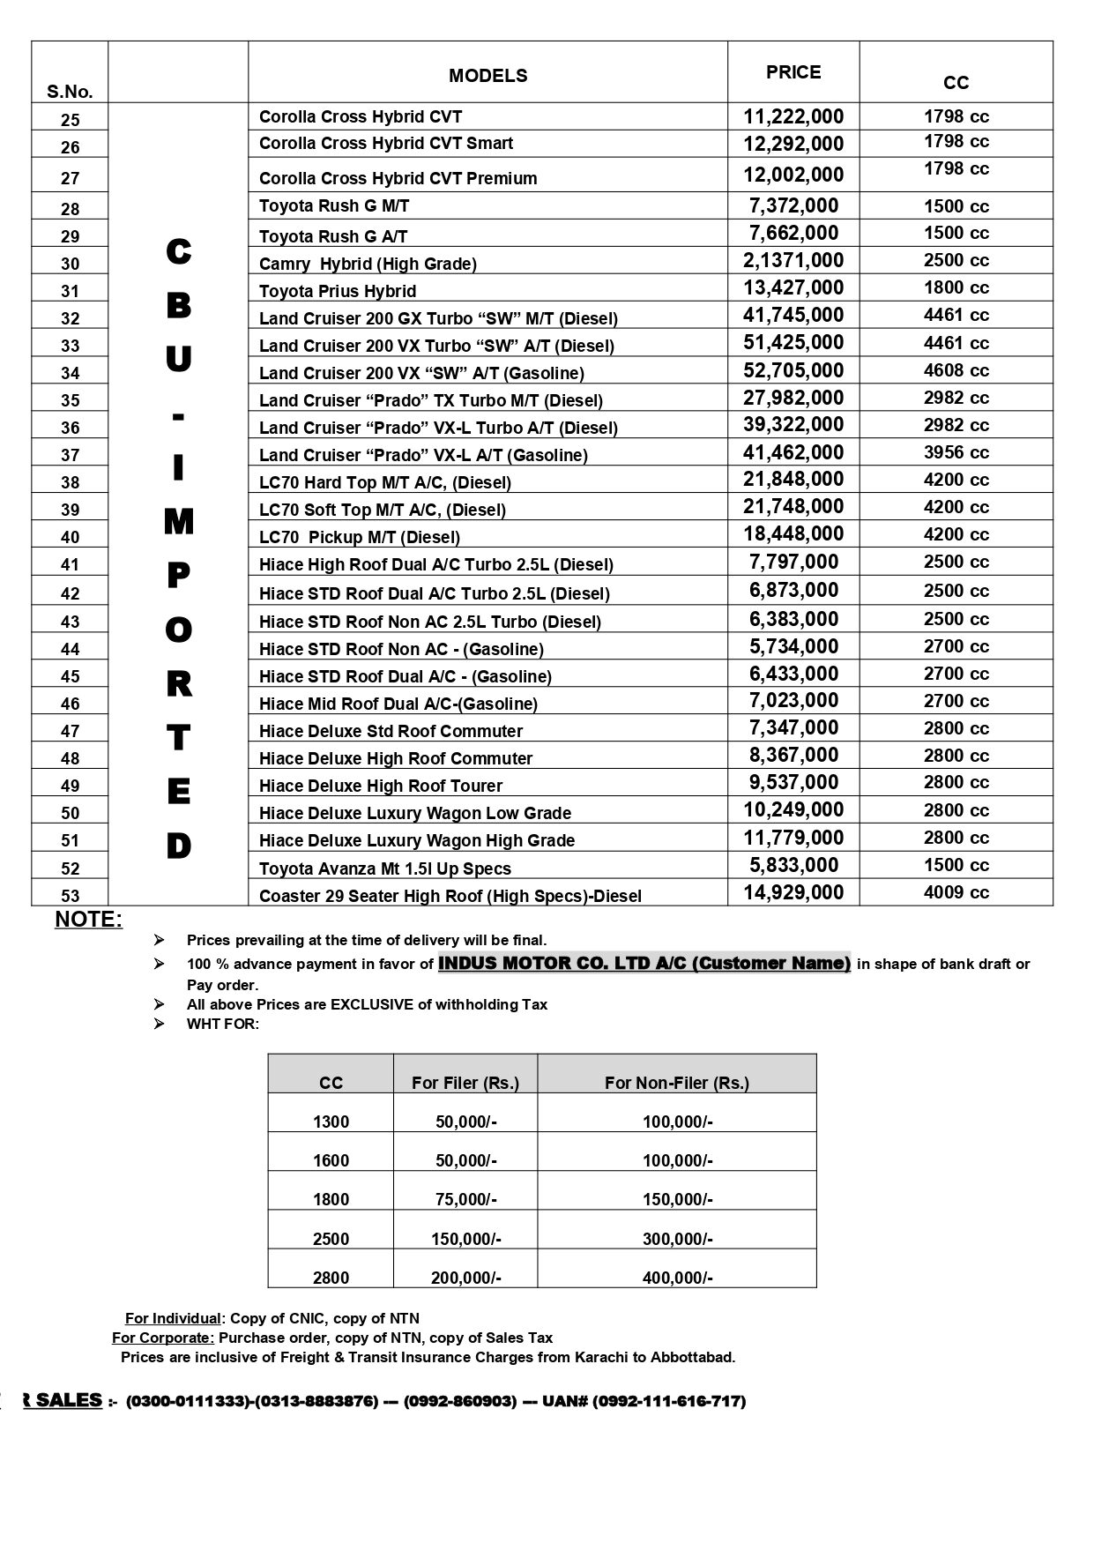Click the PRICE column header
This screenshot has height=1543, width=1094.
793,72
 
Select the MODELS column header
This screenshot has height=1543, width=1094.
487,76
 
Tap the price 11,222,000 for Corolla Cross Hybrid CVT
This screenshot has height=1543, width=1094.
793,116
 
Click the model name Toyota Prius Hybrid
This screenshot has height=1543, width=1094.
337,291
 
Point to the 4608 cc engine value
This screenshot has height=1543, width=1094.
956,370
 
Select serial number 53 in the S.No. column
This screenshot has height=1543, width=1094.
70,896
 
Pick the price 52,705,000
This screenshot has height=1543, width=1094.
793,370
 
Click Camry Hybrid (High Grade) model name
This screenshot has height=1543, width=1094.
367,264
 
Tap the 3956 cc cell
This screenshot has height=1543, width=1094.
956,452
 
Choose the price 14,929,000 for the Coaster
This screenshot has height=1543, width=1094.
793,892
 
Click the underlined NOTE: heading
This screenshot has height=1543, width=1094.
88,920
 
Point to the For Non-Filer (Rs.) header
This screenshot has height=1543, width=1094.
676,1083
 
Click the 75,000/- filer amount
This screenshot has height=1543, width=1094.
465,1199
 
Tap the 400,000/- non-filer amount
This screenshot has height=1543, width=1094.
677,1278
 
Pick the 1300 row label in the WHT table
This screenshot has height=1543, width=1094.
331,1122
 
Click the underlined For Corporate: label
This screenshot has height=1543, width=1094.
163,1338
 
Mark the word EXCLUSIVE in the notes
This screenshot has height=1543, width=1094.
375,1004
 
